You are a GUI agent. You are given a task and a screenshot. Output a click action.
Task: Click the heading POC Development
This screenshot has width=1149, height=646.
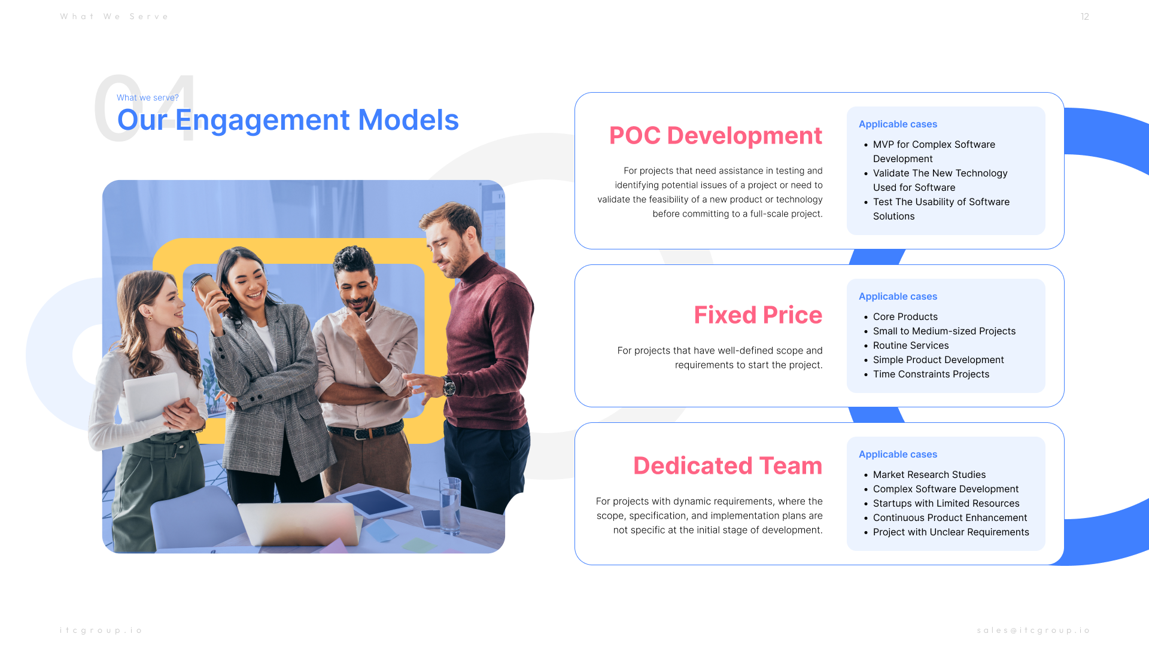tap(716, 136)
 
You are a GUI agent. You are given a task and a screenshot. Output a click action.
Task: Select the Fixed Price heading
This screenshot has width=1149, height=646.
tap(758, 315)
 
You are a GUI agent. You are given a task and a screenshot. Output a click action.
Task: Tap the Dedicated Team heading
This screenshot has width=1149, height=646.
tap(728, 466)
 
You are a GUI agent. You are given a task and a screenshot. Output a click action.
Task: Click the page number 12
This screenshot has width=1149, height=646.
tap(1084, 17)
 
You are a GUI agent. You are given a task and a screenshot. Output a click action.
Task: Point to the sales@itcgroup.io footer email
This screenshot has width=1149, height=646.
tap(1034, 630)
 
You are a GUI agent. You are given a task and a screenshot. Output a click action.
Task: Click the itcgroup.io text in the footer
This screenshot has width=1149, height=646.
tap(101, 630)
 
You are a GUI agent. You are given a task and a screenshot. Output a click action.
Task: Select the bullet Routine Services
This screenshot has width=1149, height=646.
tap(911, 346)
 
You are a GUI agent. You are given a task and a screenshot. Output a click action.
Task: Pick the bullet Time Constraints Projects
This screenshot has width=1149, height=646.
tap(931, 374)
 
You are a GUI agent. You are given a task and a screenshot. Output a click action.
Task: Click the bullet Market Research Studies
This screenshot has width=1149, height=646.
tap(929, 475)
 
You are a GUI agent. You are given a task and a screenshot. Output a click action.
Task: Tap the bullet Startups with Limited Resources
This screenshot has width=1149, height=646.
tap(946, 504)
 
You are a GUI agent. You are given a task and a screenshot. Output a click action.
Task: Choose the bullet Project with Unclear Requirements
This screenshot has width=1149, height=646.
tap(951, 532)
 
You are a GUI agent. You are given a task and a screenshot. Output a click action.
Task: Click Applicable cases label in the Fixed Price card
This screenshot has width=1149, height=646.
tap(898, 297)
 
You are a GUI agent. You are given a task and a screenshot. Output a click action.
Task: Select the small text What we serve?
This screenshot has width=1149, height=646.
tap(148, 97)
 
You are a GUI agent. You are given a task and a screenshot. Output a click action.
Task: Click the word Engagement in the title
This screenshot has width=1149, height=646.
tap(262, 120)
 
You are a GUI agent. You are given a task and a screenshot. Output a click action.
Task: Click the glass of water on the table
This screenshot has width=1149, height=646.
tap(450, 505)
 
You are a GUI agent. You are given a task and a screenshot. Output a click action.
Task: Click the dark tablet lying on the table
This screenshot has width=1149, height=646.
tap(375, 502)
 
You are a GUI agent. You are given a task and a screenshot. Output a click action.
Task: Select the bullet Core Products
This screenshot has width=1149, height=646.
tap(905, 317)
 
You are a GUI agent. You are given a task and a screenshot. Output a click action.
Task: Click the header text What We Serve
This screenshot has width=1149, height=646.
tap(114, 17)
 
